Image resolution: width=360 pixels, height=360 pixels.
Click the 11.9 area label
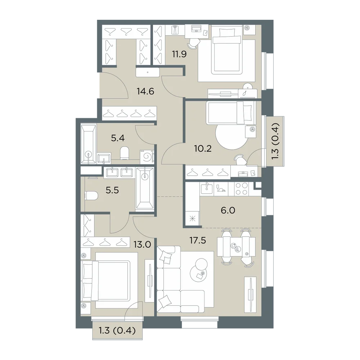pos(179,54)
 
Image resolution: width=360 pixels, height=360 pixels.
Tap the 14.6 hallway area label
pos(145,91)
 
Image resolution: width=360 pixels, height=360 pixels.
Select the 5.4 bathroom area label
pos(118,138)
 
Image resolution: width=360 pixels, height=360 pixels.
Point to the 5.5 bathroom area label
pos(112,190)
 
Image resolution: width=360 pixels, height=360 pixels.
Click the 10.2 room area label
pos(203,149)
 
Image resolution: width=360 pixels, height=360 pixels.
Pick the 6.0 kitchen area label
pos(228,210)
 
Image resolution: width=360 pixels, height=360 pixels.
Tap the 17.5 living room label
pos(198,240)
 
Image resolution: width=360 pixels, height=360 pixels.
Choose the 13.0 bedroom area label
pos(142,245)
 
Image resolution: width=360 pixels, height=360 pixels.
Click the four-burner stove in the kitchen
pos(241,189)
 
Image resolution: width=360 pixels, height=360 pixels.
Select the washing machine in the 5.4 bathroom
pos(147,157)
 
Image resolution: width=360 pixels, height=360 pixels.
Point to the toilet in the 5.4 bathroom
pos(125,153)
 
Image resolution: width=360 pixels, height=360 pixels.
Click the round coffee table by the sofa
pos(198,269)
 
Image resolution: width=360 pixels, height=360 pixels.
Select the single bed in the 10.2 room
pos(231,113)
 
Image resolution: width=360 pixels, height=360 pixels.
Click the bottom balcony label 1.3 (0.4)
pos(117,330)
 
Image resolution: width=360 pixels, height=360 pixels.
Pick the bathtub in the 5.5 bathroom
pos(144,189)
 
